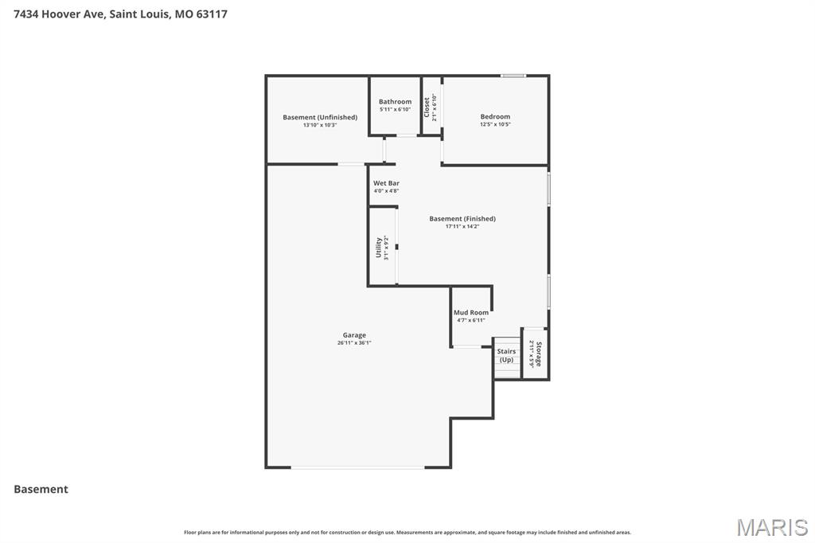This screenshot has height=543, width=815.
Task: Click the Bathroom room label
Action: pos(395,102)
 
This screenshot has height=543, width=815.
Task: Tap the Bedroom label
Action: pos(495,117)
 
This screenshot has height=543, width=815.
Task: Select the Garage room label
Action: pos(354,335)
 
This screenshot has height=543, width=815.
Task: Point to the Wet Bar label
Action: pos(386,183)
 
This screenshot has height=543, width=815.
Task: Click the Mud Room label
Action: pos(471,313)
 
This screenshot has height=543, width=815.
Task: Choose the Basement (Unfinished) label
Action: pos(320,118)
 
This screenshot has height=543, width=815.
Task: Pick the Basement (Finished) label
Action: pos(462,219)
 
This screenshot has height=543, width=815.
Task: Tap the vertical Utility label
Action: pos(379,248)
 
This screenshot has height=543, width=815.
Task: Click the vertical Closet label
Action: pos(427,107)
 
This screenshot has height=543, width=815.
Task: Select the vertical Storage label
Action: pos(539,354)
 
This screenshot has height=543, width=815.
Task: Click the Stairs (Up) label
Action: pos(506,355)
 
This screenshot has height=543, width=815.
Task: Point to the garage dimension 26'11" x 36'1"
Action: pos(354,343)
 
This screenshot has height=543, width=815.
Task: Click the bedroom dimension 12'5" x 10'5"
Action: pos(495,124)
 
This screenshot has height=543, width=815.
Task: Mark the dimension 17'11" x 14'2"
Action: pos(462,227)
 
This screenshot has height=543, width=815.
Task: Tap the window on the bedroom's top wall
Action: pos(513,76)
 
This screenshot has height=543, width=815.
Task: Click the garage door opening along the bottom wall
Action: pos(357,467)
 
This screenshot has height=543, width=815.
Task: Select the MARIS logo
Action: pos(771,527)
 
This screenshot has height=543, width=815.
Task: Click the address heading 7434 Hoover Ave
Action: pos(120,14)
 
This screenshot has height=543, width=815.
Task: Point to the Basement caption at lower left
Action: pos(41,489)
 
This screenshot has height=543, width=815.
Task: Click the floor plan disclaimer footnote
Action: pos(407,532)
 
